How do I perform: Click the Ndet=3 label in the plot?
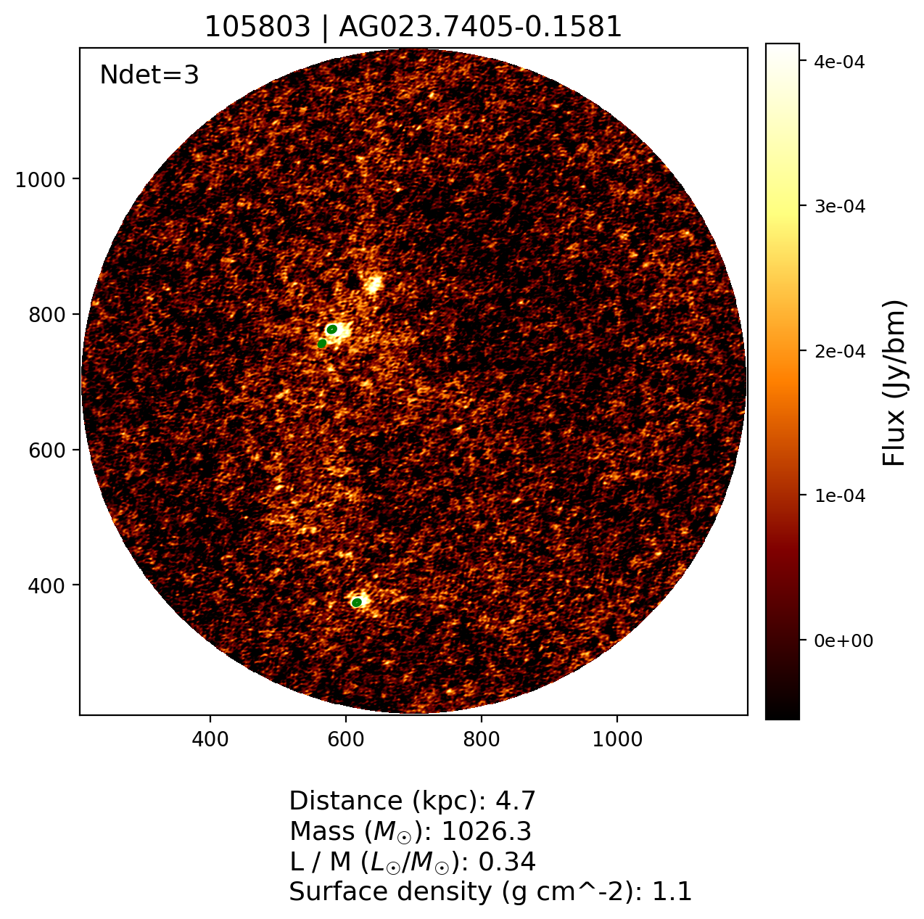click(x=149, y=75)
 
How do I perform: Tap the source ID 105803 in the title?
click(x=260, y=27)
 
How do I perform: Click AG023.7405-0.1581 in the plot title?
click(x=480, y=27)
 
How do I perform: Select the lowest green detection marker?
click(x=357, y=602)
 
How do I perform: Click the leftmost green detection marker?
click(x=322, y=343)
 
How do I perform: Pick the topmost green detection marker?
click(x=332, y=329)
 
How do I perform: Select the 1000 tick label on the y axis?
click(x=45, y=179)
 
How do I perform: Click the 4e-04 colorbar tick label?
click(x=839, y=62)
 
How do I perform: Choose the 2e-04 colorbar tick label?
click(x=839, y=352)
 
